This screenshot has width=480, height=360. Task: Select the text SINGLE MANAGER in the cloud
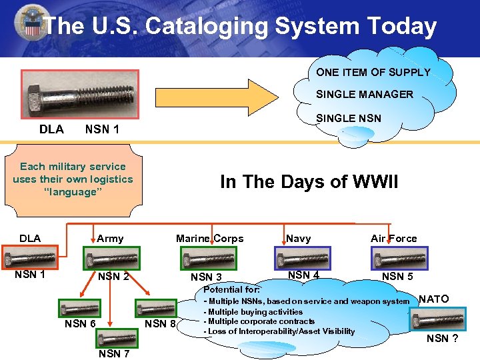[x=365, y=94]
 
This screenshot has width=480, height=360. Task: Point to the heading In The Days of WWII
[x=309, y=181]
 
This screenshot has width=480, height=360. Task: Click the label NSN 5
[x=397, y=276]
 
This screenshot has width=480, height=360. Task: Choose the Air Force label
[x=393, y=238]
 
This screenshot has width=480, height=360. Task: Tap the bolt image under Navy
[x=303, y=258]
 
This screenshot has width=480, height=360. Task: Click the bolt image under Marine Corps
[x=208, y=258]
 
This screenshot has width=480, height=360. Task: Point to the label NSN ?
[x=442, y=338]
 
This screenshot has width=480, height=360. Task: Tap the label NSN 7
[x=113, y=353]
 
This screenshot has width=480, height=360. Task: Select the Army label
[x=110, y=238]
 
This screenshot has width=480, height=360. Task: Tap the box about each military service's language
[x=73, y=179]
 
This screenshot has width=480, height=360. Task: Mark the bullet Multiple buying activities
[x=253, y=311]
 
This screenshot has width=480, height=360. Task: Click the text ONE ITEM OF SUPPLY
[x=373, y=72]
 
